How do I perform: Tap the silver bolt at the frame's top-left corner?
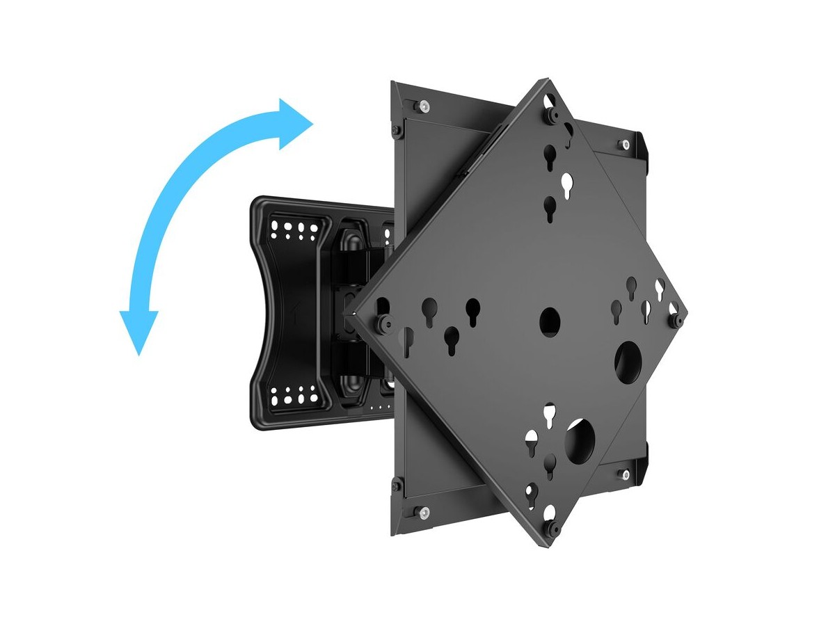(424, 106)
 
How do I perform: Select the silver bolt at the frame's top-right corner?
(623, 145)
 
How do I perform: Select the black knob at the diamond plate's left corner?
(382, 322)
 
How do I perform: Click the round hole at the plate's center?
(550, 320)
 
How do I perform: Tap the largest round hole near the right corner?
(630, 360)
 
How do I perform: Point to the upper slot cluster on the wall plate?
(295, 227)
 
